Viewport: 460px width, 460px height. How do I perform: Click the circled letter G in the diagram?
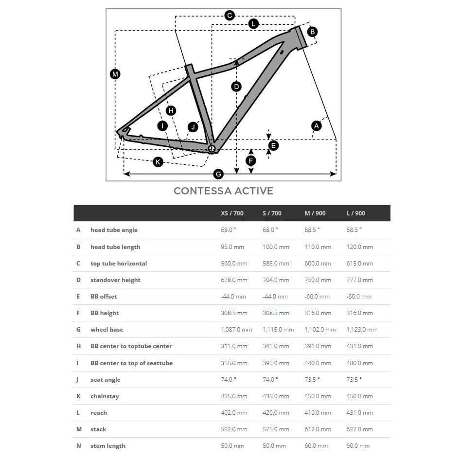click(x=218, y=174)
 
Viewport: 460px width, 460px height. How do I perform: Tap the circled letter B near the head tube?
click(x=313, y=32)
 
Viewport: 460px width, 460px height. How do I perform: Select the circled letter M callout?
click(x=115, y=74)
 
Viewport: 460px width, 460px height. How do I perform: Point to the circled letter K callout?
click(x=158, y=162)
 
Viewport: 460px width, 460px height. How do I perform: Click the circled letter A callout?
click(x=317, y=126)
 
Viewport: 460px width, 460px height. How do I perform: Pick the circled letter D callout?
click(x=236, y=87)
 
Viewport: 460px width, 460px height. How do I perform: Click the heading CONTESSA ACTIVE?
click(x=223, y=191)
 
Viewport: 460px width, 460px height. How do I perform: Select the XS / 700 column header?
click(x=232, y=213)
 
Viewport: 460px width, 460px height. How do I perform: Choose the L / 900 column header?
click(x=356, y=213)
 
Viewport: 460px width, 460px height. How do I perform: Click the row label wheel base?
click(x=106, y=330)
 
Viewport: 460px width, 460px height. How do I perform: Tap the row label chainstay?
click(x=105, y=396)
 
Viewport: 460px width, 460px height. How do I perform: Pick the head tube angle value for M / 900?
click(x=312, y=230)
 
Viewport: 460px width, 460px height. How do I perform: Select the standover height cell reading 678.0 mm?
click(x=234, y=280)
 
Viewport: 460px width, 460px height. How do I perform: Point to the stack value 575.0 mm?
click(x=276, y=429)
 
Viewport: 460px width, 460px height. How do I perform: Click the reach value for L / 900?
click(x=359, y=413)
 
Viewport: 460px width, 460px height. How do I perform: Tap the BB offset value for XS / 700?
click(x=233, y=297)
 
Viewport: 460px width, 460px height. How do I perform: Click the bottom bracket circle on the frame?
click(x=211, y=148)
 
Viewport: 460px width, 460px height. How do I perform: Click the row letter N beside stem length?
click(x=78, y=446)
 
